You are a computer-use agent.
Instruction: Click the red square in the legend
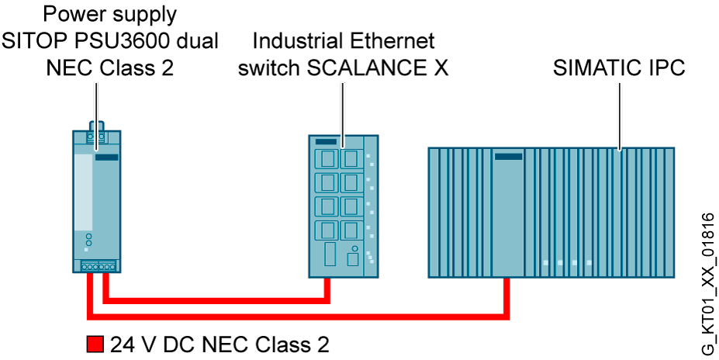94,343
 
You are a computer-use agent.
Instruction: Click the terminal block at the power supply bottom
97,267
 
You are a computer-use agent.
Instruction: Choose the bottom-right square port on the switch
349,230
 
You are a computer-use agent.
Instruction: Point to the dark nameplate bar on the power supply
106,157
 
